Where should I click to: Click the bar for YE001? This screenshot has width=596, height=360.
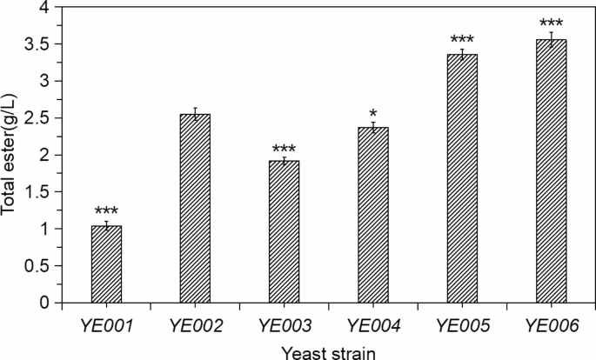(x=107, y=264)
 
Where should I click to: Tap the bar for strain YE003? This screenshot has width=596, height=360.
(x=284, y=232)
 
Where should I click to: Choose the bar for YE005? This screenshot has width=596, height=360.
(x=462, y=179)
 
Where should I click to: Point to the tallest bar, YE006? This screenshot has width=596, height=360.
(x=551, y=171)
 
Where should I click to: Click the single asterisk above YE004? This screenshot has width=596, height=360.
(x=372, y=114)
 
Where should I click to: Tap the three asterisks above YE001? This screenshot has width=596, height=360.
(x=107, y=211)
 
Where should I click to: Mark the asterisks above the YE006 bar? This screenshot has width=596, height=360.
(x=551, y=23)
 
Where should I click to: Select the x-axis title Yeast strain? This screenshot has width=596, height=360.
(x=329, y=350)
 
